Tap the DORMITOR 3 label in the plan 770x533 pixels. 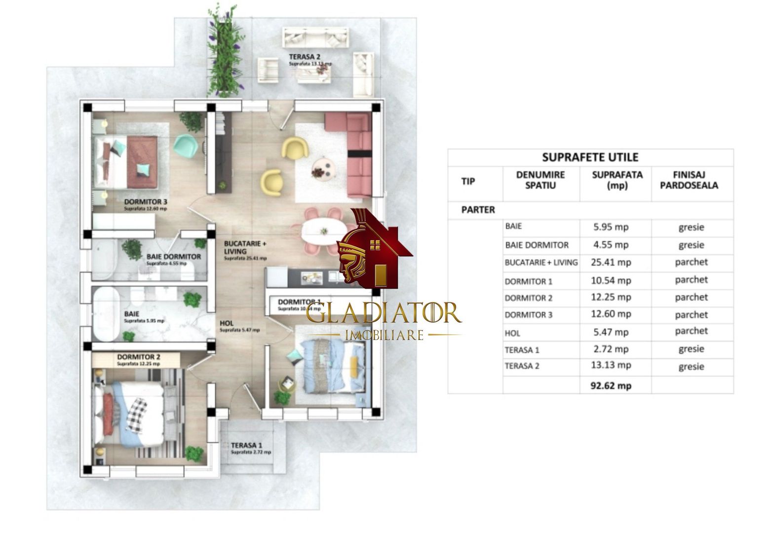pos(146,202)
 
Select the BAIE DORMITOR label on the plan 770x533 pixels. pos(173,257)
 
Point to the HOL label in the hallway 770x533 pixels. pos(227,324)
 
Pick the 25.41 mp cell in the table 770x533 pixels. pos(612,263)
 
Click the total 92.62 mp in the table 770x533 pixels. pos(611,386)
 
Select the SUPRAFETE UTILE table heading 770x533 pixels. pos(590,157)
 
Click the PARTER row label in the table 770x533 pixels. pos(478,209)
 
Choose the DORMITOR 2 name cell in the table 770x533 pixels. pos(529,298)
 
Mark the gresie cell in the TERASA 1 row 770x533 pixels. pos(691,349)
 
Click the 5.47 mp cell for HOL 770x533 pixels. pos(612,332)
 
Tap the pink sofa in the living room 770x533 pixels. pos(358,148)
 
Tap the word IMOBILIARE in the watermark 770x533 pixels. pos(384,335)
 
